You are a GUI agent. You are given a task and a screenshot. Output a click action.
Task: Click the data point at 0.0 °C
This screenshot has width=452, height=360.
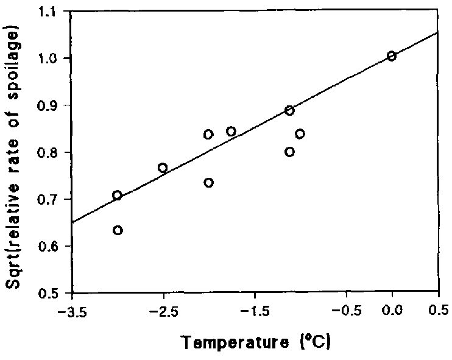392,56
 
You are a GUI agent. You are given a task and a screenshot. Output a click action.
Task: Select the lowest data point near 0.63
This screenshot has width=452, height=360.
118,230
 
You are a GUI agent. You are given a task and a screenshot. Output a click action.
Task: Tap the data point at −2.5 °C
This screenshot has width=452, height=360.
163,168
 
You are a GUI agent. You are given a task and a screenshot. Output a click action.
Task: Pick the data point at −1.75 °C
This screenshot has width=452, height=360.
231,132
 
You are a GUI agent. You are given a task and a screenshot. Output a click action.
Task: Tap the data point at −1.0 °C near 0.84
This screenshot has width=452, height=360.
300,134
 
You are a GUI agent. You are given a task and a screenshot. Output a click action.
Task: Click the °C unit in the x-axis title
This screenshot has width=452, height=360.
320,344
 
